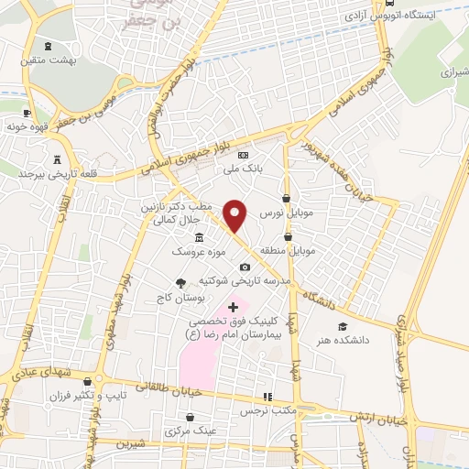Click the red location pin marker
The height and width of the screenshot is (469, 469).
pos(236,215)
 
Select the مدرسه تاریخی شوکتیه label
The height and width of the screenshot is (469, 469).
pos(265,279)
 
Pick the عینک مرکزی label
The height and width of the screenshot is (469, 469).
pos(191,431)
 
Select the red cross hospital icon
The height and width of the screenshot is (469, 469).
pos(233,306)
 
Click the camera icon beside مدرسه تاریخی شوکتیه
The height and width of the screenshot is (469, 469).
pos(244,267)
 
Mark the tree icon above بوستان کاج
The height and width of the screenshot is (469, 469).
pos(181,284)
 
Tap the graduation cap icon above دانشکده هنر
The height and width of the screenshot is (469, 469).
pos(342,327)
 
